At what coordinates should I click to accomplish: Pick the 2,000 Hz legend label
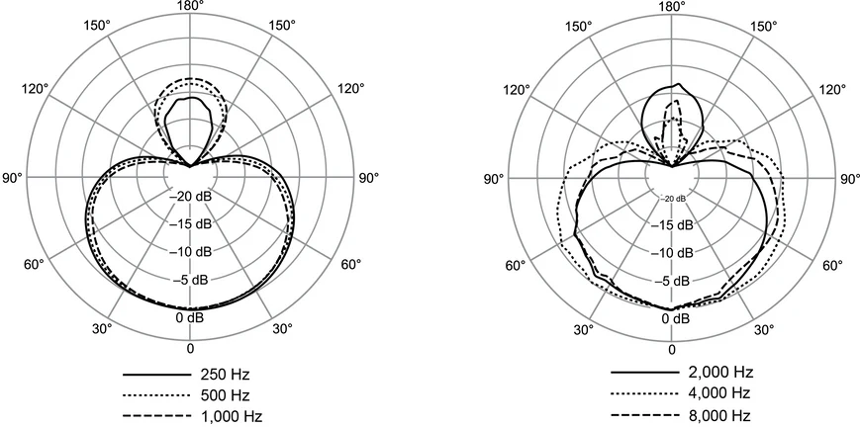(x=720, y=373)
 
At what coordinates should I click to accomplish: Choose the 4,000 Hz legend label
(x=720, y=393)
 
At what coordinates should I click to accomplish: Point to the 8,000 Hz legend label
(x=720, y=414)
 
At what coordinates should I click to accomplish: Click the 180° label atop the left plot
(x=190, y=6)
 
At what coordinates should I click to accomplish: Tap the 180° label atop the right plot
(x=672, y=6)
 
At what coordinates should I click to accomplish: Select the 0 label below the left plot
(x=190, y=349)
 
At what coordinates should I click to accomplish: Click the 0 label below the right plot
(x=672, y=349)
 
